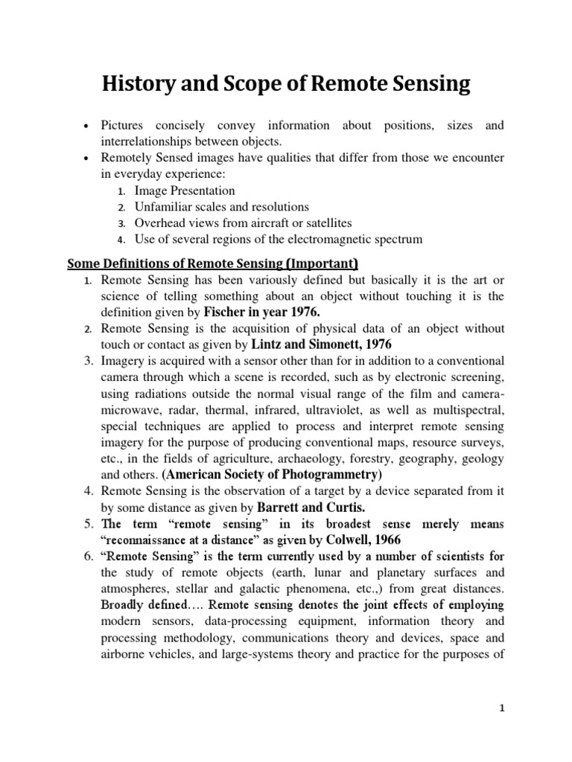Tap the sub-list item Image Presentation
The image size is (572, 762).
[185, 190]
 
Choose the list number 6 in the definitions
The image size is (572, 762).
[86, 556]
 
